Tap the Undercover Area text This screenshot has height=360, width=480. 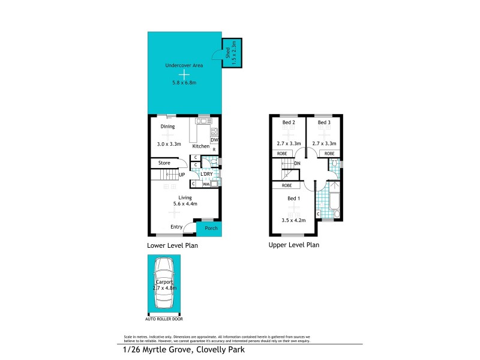pos(184,65)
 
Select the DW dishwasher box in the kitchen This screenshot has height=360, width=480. pos(214,140)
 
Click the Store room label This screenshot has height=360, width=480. pos(164,163)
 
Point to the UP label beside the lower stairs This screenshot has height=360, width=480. pos(181,175)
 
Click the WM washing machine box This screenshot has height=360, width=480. pos(206,184)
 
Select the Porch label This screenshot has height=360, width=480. pos(211,228)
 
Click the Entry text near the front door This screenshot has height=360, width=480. pos(176,227)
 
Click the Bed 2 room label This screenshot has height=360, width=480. pos(289,122)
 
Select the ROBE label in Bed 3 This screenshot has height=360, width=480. pos(329,154)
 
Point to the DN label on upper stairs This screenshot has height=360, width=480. pos(298,163)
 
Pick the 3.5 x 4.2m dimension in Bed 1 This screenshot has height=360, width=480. pos(293,220)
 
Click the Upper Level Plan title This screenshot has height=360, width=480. pos(293,245)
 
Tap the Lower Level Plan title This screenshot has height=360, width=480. pos(172,245)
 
